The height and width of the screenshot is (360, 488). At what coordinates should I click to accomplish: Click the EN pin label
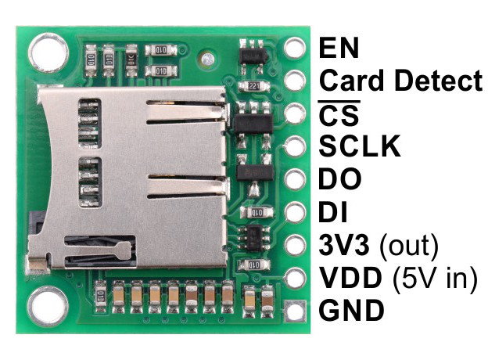coord(339,48)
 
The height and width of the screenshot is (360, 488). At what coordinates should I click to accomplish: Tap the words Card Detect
coord(401,80)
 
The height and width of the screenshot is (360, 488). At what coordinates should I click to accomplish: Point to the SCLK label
coord(360,146)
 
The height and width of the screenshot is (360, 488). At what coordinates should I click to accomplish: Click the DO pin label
coord(340,178)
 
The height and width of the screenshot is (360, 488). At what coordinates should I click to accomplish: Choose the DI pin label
coord(333,212)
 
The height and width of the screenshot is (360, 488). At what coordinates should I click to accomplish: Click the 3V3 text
coord(345,245)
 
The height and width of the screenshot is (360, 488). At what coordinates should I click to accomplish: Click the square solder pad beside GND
coord(295,311)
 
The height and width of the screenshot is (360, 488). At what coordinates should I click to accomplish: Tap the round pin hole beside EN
coord(294,47)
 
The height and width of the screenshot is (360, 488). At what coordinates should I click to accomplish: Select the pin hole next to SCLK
coord(294,146)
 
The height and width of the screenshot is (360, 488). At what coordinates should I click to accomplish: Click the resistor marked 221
coord(254,85)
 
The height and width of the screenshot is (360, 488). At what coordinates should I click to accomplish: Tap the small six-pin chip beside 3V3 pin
coord(254,238)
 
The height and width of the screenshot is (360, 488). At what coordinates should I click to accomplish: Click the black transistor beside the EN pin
coord(253,56)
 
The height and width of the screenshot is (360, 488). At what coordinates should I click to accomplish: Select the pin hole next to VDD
coord(294,278)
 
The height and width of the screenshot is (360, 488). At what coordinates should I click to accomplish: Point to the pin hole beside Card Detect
coord(294,80)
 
